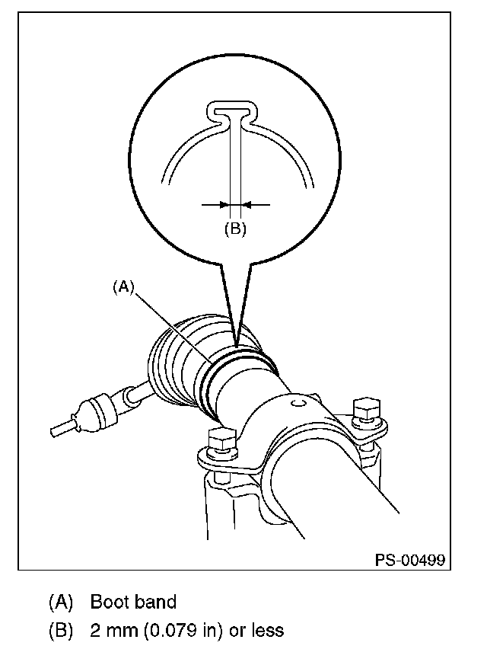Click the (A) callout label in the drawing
(x=124, y=286)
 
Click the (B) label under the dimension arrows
(x=235, y=228)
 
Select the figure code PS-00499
(x=410, y=560)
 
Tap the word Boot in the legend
(x=109, y=602)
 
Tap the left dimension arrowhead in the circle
(x=225, y=204)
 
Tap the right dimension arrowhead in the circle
(x=246, y=204)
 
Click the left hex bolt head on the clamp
(x=222, y=440)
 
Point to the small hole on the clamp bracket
(x=298, y=402)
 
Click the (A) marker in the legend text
(x=61, y=603)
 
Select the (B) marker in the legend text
(x=61, y=631)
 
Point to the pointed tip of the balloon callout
(x=237, y=344)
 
